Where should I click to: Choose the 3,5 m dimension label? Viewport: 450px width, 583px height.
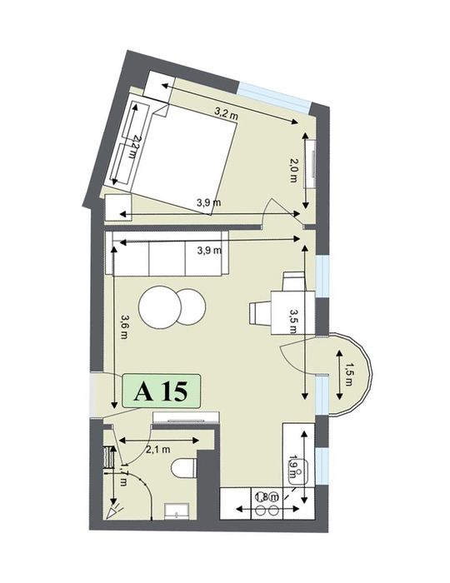[x=292, y=319]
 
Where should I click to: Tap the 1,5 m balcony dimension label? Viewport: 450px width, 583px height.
[x=349, y=376]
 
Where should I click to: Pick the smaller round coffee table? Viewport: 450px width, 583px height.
[x=190, y=306]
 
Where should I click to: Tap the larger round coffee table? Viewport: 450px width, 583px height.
[x=158, y=308]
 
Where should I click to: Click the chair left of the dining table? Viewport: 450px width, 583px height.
[x=258, y=311]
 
